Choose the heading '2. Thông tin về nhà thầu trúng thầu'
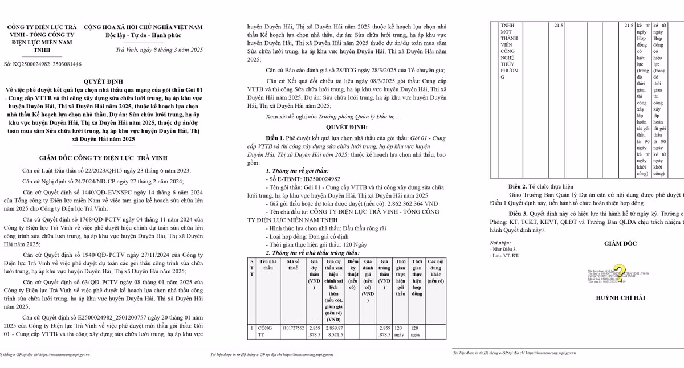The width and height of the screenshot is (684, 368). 312,252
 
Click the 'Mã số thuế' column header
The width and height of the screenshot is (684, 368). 290,265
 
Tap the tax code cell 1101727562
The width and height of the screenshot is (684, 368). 293,328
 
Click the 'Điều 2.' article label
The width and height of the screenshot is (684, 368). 518,186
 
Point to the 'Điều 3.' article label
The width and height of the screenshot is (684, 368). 518,212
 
